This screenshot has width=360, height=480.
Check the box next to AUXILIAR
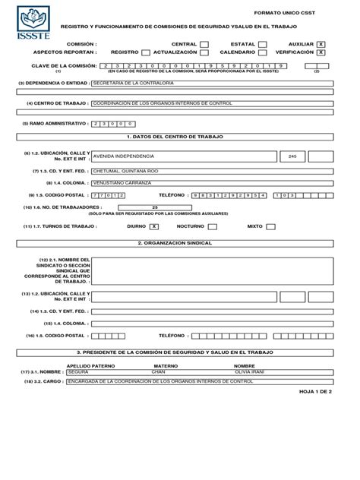point(321,45)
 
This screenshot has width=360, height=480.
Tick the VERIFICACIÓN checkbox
point(321,53)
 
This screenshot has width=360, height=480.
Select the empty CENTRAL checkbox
point(205,45)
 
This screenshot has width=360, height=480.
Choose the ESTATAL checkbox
point(262,45)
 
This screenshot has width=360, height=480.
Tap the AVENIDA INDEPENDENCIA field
point(182,156)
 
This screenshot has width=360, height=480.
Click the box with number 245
point(292,156)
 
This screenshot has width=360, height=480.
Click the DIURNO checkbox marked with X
point(154,226)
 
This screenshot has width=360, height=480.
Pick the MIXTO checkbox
point(270,226)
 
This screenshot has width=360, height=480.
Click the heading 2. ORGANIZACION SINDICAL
point(175,243)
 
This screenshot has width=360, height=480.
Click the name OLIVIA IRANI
point(249,373)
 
